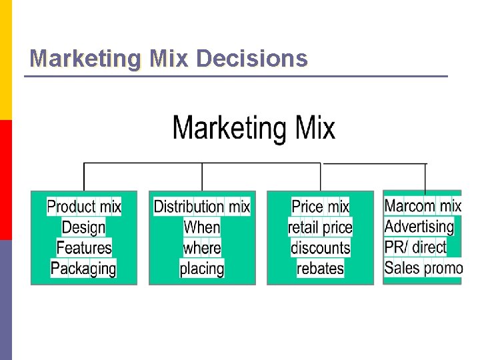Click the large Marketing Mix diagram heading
pyautogui.click(x=253, y=128)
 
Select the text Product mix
pyautogui.click(x=84, y=207)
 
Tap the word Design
pyautogui.click(x=84, y=227)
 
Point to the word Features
pyautogui.click(x=84, y=248)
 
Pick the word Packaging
pyautogui.click(x=84, y=269)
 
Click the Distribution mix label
pyautogui.click(x=202, y=207)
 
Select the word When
pyautogui.click(x=202, y=227)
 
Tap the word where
pyautogui.click(x=202, y=248)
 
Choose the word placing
pyautogui.click(x=202, y=269)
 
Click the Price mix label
pyautogui.click(x=321, y=207)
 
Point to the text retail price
pyautogui.click(x=321, y=227)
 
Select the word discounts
pyautogui.click(x=321, y=248)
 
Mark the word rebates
pyautogui.click(x=321, y=269)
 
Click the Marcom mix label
pyautogui.click(x=423, y=205)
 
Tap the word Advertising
pyautogui.click(x=419, y=226)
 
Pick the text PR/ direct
pyautogui.click(x=415, y=247)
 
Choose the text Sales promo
pyautogui.click(x=423, y=267)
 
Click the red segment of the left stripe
pyautogui.click(x=5, y=179)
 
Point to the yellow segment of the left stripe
pyautogui.click(x=5, y=60)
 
